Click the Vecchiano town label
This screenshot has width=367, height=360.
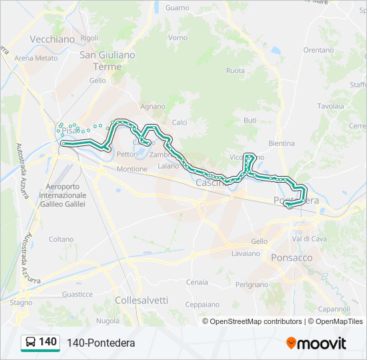tap(52, 39)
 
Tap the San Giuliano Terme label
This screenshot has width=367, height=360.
tap(107, 61)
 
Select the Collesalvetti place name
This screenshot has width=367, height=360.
tap(141, 300)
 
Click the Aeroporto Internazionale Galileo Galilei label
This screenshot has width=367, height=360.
tap(63, 196)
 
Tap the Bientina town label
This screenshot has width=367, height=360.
tap(281, 143)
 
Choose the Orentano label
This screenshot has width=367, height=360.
tap(318, 50)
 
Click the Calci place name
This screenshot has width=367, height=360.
tap(179, 122)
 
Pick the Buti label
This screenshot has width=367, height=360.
tap(250, 120)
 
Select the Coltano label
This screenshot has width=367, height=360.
tap(61, 239)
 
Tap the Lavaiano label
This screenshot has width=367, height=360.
tap(246, 253)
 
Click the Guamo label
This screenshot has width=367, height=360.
tap(177, 8)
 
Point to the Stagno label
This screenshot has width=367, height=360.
tap(21, 302)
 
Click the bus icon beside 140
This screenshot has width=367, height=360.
tap(30, 342)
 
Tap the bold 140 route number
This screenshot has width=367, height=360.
tap(48, 342)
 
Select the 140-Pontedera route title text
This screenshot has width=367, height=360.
tap(101, 343)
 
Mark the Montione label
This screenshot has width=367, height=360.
tap(131, 169)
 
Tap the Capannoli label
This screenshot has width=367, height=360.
tap(334, 309)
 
